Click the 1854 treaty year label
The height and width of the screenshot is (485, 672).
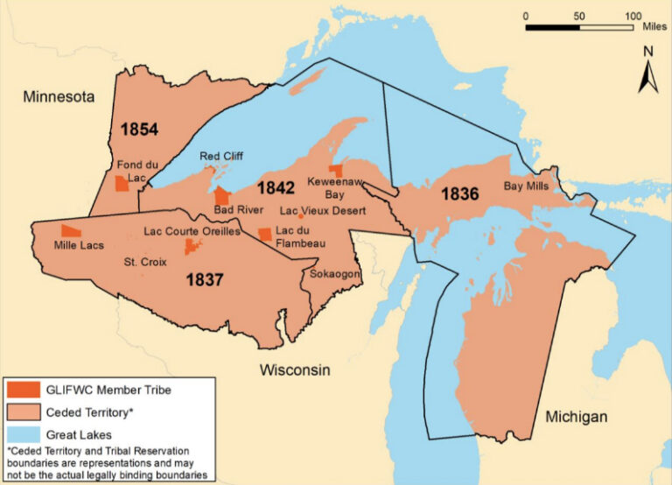pyautogui.click(x=139, y=130)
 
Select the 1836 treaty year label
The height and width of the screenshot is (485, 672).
pyautogui.click(x=459, y=193)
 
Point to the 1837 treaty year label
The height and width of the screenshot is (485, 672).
pyautogui.click(x=205, y=280)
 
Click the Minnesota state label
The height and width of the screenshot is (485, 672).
pyautogui.click(x=59, y=96)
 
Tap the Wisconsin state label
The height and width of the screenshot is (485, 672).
pyautogui.click(x=295, y=370)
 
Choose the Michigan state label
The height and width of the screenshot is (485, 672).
pyautogui.click(x=576, y=417)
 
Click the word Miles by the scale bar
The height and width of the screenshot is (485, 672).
pyautogui.click(x=654, y=27)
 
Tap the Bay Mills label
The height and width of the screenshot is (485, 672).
pyautogui.click(x=526, y=186)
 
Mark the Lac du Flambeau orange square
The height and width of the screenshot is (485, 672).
pyautogui.click(x=264, y=234)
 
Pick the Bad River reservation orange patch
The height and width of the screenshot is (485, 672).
pyautogui.click(x=222, y=195)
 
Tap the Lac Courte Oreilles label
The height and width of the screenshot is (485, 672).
pyautogui.click(x=190, y=232)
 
